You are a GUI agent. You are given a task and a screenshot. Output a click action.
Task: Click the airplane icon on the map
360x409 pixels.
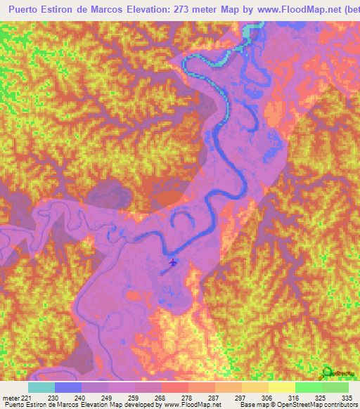coord(174,262)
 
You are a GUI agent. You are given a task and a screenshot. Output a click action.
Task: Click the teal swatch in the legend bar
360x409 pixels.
coord(41,387)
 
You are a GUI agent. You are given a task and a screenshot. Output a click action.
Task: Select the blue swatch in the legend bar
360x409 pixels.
coord(68,387)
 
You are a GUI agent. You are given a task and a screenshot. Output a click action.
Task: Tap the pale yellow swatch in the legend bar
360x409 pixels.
coord(282,387)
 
